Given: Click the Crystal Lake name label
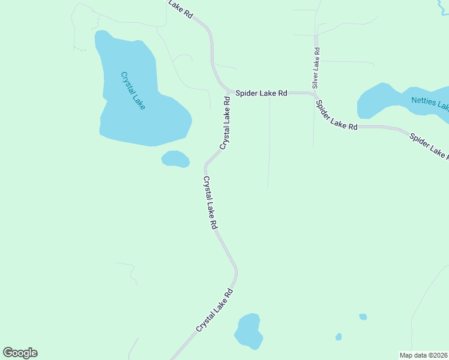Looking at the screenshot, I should (x=133, y=91).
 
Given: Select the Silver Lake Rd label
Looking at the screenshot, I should (x=315, y=67).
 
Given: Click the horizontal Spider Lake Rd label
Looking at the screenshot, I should (x=261, y=94).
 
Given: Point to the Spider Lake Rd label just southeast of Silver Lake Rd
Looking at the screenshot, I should (x=337, y=115).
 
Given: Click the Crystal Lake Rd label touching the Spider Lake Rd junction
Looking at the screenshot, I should (x=226, y=122).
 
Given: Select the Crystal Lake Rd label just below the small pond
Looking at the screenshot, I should (x=209, y=203).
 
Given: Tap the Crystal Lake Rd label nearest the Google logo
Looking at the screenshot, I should (x=214, y=310).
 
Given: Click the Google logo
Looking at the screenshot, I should (x=20, y=353).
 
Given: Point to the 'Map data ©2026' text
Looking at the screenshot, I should (x=424, y=355).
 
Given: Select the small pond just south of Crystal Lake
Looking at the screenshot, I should (x=175, y=159).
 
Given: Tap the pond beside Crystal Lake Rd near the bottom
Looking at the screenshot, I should (x=248, y=331).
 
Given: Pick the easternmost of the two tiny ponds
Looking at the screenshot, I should (x=363, y=316).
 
